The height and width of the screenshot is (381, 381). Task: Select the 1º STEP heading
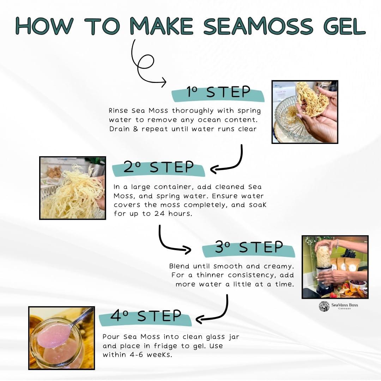[218, 92]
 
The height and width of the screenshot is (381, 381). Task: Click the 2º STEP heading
[158, 167]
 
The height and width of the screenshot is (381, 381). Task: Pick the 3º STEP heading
[249, 247]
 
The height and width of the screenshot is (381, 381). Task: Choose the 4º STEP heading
[146, 316]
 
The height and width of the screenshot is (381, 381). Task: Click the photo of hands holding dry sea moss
[305, 112]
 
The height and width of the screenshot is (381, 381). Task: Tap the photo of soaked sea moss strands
[73, 188]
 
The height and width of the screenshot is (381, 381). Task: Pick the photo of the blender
[335, 267]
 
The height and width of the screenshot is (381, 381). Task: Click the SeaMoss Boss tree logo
[324, 306]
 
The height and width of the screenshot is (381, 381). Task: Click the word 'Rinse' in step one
[118, 111]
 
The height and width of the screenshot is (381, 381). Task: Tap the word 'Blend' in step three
[180, 266]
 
